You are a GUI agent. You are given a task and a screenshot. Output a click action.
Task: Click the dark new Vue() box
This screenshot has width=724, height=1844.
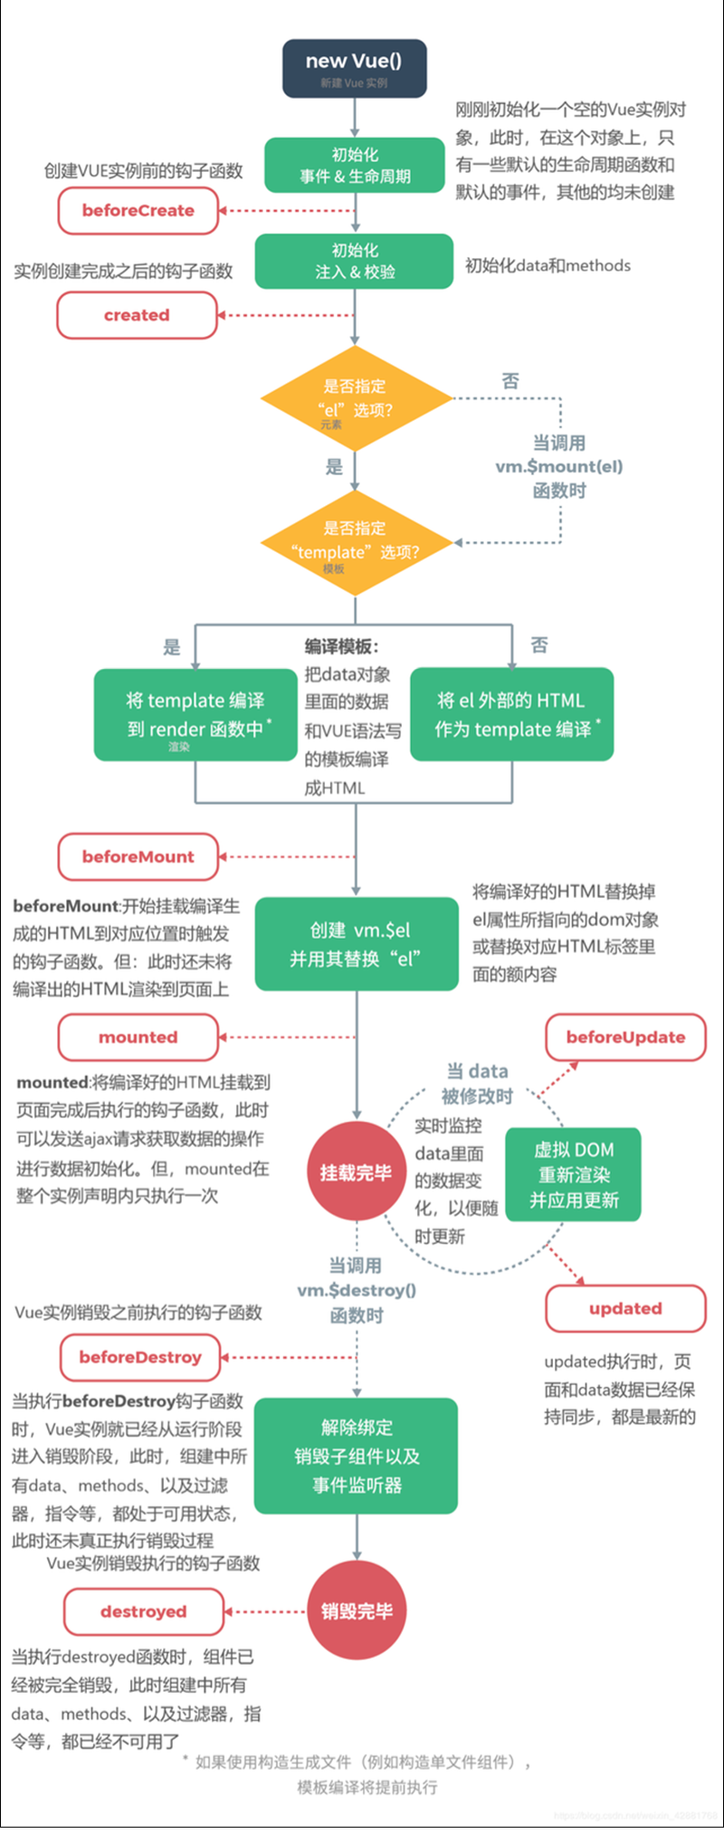click(x=354, y=68)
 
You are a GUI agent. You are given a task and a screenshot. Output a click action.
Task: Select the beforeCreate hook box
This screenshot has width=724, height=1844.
click(x=138, y=211)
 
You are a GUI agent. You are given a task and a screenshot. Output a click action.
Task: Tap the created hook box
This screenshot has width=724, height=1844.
click(x=137, y=316)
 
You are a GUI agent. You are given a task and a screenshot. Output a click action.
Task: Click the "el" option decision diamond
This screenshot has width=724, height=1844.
click(x=356, y=398)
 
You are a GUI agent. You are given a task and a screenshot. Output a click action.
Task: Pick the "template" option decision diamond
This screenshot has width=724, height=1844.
click(x=356, y=542)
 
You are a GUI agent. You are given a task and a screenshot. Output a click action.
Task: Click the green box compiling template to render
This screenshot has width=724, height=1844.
click(x=195, y=714)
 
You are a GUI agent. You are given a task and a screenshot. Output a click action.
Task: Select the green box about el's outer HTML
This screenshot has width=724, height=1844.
click(x=512, y=714)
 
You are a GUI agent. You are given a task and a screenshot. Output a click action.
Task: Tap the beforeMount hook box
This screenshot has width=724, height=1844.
click(x=138, y=857)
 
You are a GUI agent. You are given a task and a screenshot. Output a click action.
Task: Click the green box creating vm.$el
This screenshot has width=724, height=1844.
click(x=357, y=944)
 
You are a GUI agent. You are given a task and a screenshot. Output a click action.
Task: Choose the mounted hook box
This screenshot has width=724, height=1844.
click(x=138, y=1037)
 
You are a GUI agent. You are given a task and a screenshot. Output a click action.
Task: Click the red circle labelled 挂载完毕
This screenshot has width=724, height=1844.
click(x=356, y=1173)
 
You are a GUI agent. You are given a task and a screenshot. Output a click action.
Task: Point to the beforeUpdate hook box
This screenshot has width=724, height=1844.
click(x=625, y=1037)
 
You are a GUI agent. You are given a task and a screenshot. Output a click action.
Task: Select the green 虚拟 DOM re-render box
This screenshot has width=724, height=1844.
click(x=574, y=1175)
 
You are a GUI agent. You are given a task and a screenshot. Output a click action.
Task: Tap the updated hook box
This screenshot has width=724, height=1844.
click(x=625, y=1309)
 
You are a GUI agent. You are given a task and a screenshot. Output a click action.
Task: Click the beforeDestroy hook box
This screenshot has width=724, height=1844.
click(x=140, y=1357)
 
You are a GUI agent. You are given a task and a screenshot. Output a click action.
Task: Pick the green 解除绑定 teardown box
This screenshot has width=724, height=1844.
click(x=356, y=1456)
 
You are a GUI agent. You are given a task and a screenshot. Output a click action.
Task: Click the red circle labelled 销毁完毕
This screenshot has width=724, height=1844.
click(x=357, y=1611)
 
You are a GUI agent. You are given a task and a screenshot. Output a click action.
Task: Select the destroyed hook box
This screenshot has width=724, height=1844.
click(x=143, y=1612)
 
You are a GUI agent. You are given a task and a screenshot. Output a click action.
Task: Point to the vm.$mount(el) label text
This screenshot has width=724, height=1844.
click(x=559, y=467)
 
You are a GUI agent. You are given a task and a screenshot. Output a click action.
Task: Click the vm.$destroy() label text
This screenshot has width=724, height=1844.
click(x=357, y=1291)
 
